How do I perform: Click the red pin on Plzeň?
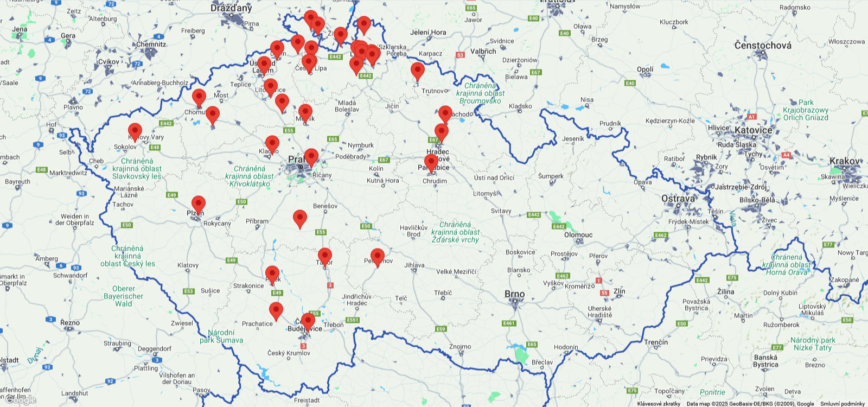pyautogui.click(x=199, y=204)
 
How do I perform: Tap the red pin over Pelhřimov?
pyautogui.click(x=378, y=257)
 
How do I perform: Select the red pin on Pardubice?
pyautogui.click(x=431, y=162)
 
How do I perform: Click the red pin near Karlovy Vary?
pyautogui.click(x=135, y=131)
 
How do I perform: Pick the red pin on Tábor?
pyautogui.click(x=324, y=256)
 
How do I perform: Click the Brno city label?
pyautogui.click(x=514, y=294)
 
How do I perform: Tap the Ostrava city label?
pyautogui.click(x=678, y=199)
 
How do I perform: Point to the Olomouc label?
pyautogui.click(x=578, y=235)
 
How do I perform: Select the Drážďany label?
pyautogui.click(x=231, y=8)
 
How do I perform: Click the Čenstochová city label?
pyautogui.click(x=763, y=46)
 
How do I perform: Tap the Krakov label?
pyautogui.click(x=845, y=161)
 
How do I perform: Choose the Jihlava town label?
pyautogui.click(x=414, y=265)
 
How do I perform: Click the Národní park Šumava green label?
pyautogui.click(x=221, y=336)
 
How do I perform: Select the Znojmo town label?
pyautogui.click(x=460, y=346)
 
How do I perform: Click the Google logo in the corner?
pyautogui.click(x=22, y=400)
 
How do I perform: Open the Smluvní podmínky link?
pyautogui.click(x=842, y=404)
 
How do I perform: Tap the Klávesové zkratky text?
pyautogui.click(x=659, y=404)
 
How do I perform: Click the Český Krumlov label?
pyautogui.click(x=289, y=353)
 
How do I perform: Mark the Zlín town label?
pyautogui.click(x=619, y=291)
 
